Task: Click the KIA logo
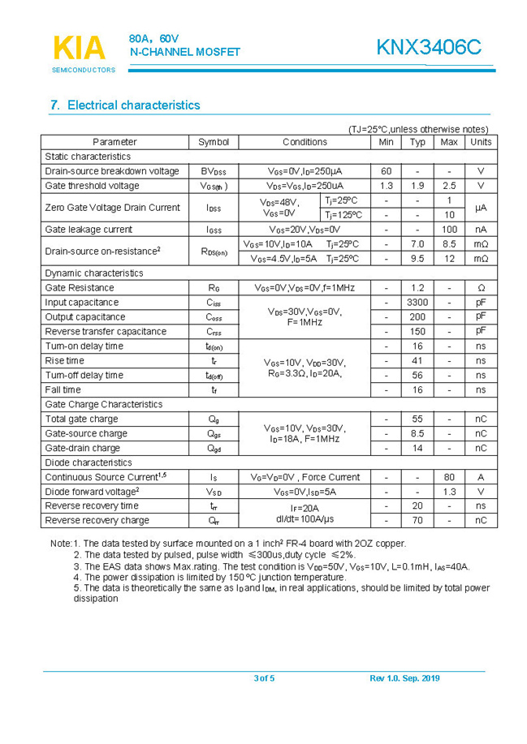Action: point(80,49)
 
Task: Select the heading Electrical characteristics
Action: point(125,105)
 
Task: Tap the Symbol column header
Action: point(214,142)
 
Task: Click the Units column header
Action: point(481,142)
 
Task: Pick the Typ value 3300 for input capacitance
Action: point(417,303)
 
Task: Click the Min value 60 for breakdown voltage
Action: point(386,171)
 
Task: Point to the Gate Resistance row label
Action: point(80,288)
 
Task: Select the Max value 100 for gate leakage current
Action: point(449,230)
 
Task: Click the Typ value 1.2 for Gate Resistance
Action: point(417,288)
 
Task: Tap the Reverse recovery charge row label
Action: point(97,521)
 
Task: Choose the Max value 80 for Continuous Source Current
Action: point(449,477)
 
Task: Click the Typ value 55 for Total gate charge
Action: point(417,419)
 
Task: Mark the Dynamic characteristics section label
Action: point(93,273)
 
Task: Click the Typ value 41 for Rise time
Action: point(417,361)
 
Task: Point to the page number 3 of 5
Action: point(264,678)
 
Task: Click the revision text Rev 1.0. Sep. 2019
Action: point(404,678)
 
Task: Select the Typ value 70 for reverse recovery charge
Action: point(417,521)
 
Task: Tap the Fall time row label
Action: point(63,390)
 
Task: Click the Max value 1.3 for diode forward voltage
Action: point(449,492)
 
